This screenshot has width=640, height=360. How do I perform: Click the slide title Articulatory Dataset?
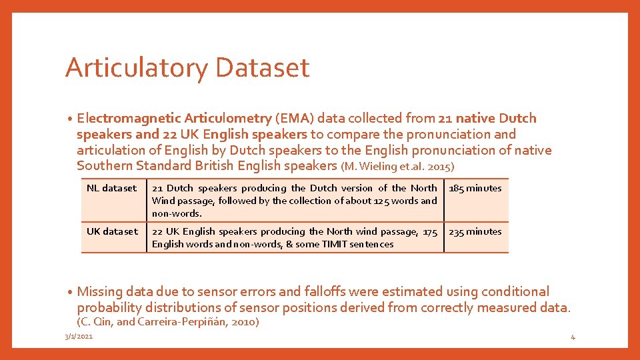coord(187,68)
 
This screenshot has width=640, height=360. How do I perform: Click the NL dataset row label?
coord(111,188)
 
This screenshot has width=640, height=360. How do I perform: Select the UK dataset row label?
coord(112,231)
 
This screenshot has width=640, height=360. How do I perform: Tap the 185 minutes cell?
coord(475,188)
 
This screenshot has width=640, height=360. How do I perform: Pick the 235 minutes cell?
coord(475,231)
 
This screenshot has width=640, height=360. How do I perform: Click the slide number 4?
coord(573,337)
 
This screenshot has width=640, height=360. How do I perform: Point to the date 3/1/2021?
coord(79,336)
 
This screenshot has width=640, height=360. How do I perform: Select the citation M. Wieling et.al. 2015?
coord(398,166)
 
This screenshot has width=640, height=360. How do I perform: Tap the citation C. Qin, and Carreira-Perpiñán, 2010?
coord(168,322)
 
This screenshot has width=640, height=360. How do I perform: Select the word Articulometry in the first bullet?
coord(227,119)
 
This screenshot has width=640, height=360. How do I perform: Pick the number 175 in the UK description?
coord(430,231)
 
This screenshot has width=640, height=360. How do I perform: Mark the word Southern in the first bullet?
coord(104,166)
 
